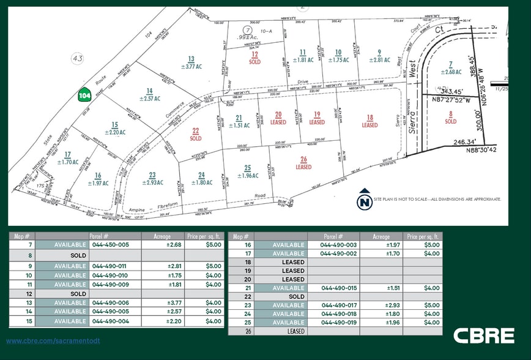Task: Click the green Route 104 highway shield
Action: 84,95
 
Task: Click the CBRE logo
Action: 484,336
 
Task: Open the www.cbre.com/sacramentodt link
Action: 53,340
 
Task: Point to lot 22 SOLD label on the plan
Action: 196,134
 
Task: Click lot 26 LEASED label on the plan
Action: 303,163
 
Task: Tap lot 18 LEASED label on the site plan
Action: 369,121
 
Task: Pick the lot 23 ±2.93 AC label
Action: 152,179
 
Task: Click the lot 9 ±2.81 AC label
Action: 379,56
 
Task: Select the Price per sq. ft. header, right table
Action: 423,236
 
